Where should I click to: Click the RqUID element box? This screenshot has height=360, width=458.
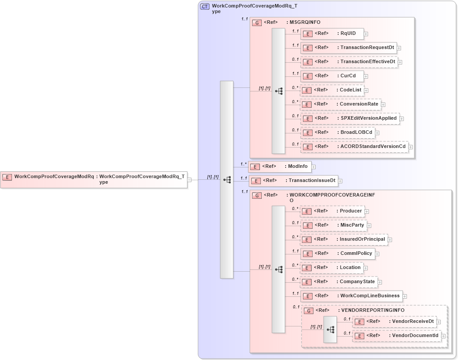[x=332, y=34]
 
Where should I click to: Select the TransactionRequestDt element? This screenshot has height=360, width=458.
[x=348, y=48]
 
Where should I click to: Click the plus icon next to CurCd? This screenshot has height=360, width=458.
[x=366, y=76]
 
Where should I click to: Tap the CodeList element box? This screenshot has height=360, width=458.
[x=332, y=90]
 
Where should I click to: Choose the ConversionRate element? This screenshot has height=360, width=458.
[x=340, y=104]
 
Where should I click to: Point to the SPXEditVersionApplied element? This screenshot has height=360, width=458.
[x=350, y=118]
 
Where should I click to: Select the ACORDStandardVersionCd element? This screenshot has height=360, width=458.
[x=354, y=147]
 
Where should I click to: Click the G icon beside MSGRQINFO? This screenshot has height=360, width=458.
[x=256, y=23]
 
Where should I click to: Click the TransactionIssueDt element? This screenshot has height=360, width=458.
[x=294, y=181]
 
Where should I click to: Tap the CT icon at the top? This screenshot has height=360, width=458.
[x=205, y=7]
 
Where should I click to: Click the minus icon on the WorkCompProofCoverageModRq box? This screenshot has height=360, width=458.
[x=189, y=180]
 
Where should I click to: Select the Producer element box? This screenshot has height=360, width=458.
[x=332, y=211]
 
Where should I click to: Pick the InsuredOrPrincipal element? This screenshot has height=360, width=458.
[x=344, y=239]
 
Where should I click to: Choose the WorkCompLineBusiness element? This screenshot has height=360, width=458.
[x=351, y=296]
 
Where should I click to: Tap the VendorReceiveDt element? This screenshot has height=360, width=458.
[x=395, y=322]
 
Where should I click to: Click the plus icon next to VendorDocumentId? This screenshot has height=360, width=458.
[x=443, y=336]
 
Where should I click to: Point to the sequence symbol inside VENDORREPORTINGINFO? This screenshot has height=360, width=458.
[x=330, y=330]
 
